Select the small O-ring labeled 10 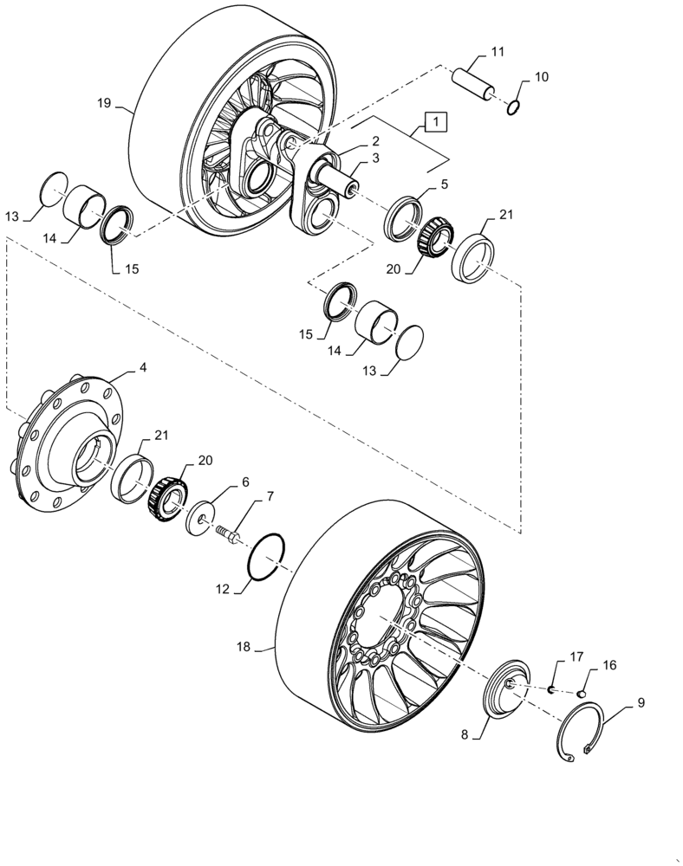tap(514, 108)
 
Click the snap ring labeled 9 tap(582, 733)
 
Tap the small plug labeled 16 tap(582, 692)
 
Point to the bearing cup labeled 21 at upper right tap(473, 259)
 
